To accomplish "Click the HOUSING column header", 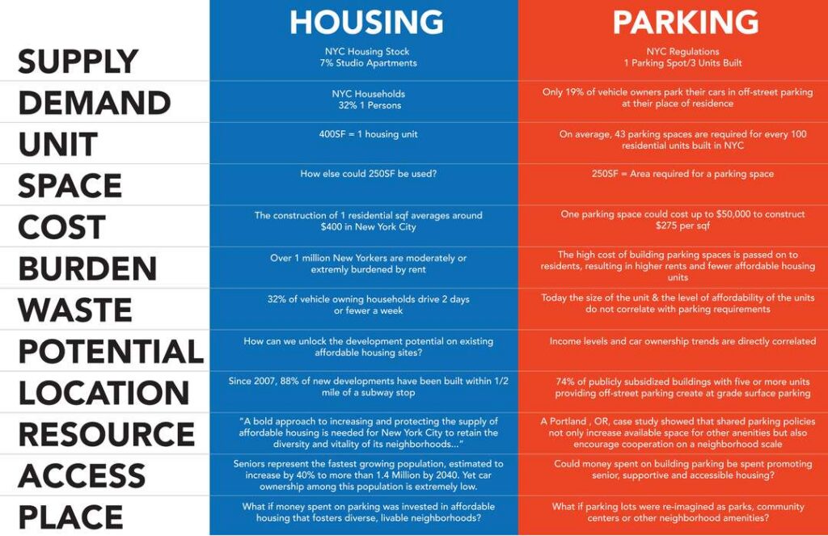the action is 366,22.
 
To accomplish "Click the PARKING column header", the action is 686,22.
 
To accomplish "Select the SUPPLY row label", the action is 78,61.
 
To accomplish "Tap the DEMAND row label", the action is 95,103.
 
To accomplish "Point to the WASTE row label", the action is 75,310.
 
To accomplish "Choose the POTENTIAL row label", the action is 111,351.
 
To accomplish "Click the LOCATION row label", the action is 103,393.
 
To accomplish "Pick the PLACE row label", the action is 71,517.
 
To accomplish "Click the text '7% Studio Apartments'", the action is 368,63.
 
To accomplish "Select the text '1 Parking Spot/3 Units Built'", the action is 682,63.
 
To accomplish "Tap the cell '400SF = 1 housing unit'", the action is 368,134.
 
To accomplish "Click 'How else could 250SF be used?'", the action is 368,174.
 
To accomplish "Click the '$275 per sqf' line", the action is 682,226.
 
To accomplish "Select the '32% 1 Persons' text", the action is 370,106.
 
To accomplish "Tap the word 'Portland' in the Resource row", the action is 568,421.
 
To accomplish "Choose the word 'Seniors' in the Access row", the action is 250,464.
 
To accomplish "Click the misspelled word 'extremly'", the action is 330,270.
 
